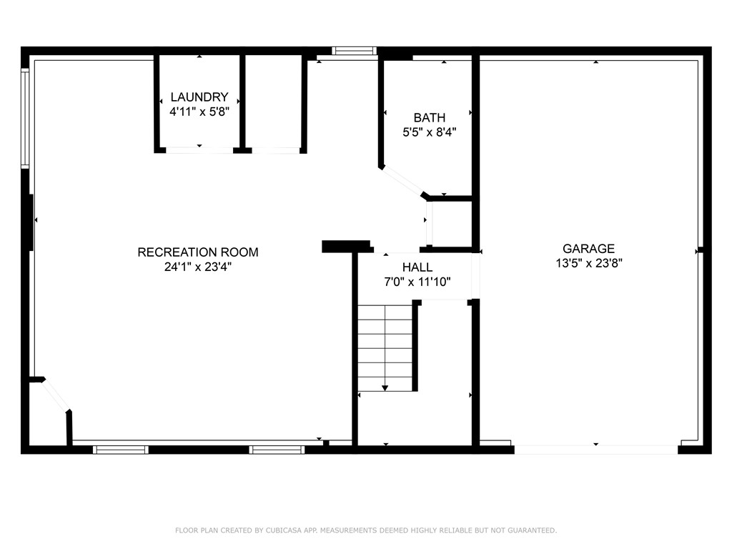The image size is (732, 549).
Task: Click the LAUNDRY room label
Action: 199,97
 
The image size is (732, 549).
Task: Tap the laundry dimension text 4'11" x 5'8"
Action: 199,112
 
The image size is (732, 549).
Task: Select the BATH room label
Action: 429,118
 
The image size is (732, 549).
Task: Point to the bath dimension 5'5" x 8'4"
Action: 429,132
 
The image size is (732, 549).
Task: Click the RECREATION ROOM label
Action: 198,252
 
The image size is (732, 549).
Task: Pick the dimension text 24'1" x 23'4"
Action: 198,267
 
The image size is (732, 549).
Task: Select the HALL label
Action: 417,267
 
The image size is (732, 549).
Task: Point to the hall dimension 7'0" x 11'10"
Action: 417,282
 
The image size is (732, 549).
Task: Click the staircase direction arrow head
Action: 385,387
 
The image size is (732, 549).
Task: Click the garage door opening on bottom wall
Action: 595,449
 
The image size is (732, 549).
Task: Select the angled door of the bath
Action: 403,181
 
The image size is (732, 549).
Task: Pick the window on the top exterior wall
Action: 355,51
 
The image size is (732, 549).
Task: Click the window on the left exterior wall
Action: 25,118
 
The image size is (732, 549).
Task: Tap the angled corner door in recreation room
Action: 56,395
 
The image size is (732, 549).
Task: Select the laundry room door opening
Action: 199,150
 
